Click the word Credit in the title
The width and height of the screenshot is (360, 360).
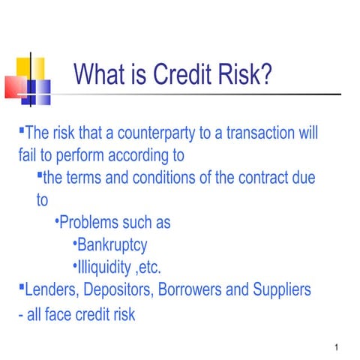pos(179,74)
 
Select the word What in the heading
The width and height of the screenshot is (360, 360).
pos(100,74)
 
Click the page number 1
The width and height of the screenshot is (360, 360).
pos(338,347)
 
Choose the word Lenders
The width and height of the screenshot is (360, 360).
pos(52,289)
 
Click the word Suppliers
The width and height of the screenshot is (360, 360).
pos(283,289)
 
